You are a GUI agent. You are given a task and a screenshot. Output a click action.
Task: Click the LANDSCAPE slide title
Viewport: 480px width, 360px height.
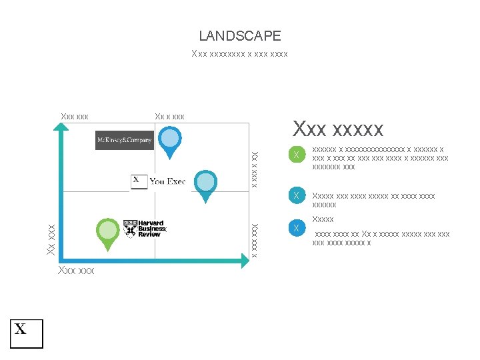click(240, 36)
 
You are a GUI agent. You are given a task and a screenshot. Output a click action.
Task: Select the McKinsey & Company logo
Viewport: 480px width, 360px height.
click(124, 140)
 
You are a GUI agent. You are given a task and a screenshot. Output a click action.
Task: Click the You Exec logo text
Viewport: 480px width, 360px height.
click(167, 181)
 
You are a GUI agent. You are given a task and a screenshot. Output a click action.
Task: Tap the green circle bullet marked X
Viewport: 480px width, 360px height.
click(296, 155)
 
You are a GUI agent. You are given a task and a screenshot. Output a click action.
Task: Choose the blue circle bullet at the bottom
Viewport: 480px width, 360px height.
click(296, 229)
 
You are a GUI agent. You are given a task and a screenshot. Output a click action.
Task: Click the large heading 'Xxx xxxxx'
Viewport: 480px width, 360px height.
click(338, 127)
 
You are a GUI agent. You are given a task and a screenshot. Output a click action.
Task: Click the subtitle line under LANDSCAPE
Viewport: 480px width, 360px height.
click(239, 53)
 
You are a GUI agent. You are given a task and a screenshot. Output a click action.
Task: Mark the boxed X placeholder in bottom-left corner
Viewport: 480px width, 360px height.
click(26, 333)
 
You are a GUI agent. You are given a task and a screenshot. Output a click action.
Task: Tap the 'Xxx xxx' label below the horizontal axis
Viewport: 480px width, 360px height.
click(76, 270)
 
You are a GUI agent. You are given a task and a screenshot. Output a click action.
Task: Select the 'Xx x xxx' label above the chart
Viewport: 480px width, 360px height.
click(169, 117)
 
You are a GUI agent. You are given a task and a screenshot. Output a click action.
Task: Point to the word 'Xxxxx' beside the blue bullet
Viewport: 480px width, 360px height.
click(323, 219)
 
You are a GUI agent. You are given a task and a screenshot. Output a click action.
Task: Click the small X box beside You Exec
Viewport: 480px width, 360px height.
click(139, 181)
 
